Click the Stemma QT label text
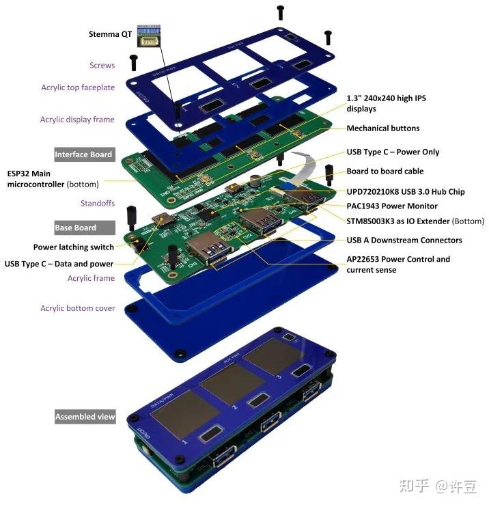coord(110,34)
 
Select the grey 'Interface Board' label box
coord(83,154)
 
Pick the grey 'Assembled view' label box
coord(85,416)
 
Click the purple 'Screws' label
coord(102,66)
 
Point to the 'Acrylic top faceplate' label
coord(78,87)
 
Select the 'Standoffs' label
coord(98,204)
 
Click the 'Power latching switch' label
coord(74,247)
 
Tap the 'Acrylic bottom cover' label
coord(77,308)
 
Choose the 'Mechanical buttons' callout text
coord(382,128)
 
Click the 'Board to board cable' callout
coord(385,172)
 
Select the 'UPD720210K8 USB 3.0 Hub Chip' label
coord(405,192)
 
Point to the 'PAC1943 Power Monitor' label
coord(392,206)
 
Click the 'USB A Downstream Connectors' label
coord(404,241)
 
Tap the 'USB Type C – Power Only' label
coord(393,152)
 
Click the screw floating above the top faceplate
coord(280,12)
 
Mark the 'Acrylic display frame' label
coord(77,120)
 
